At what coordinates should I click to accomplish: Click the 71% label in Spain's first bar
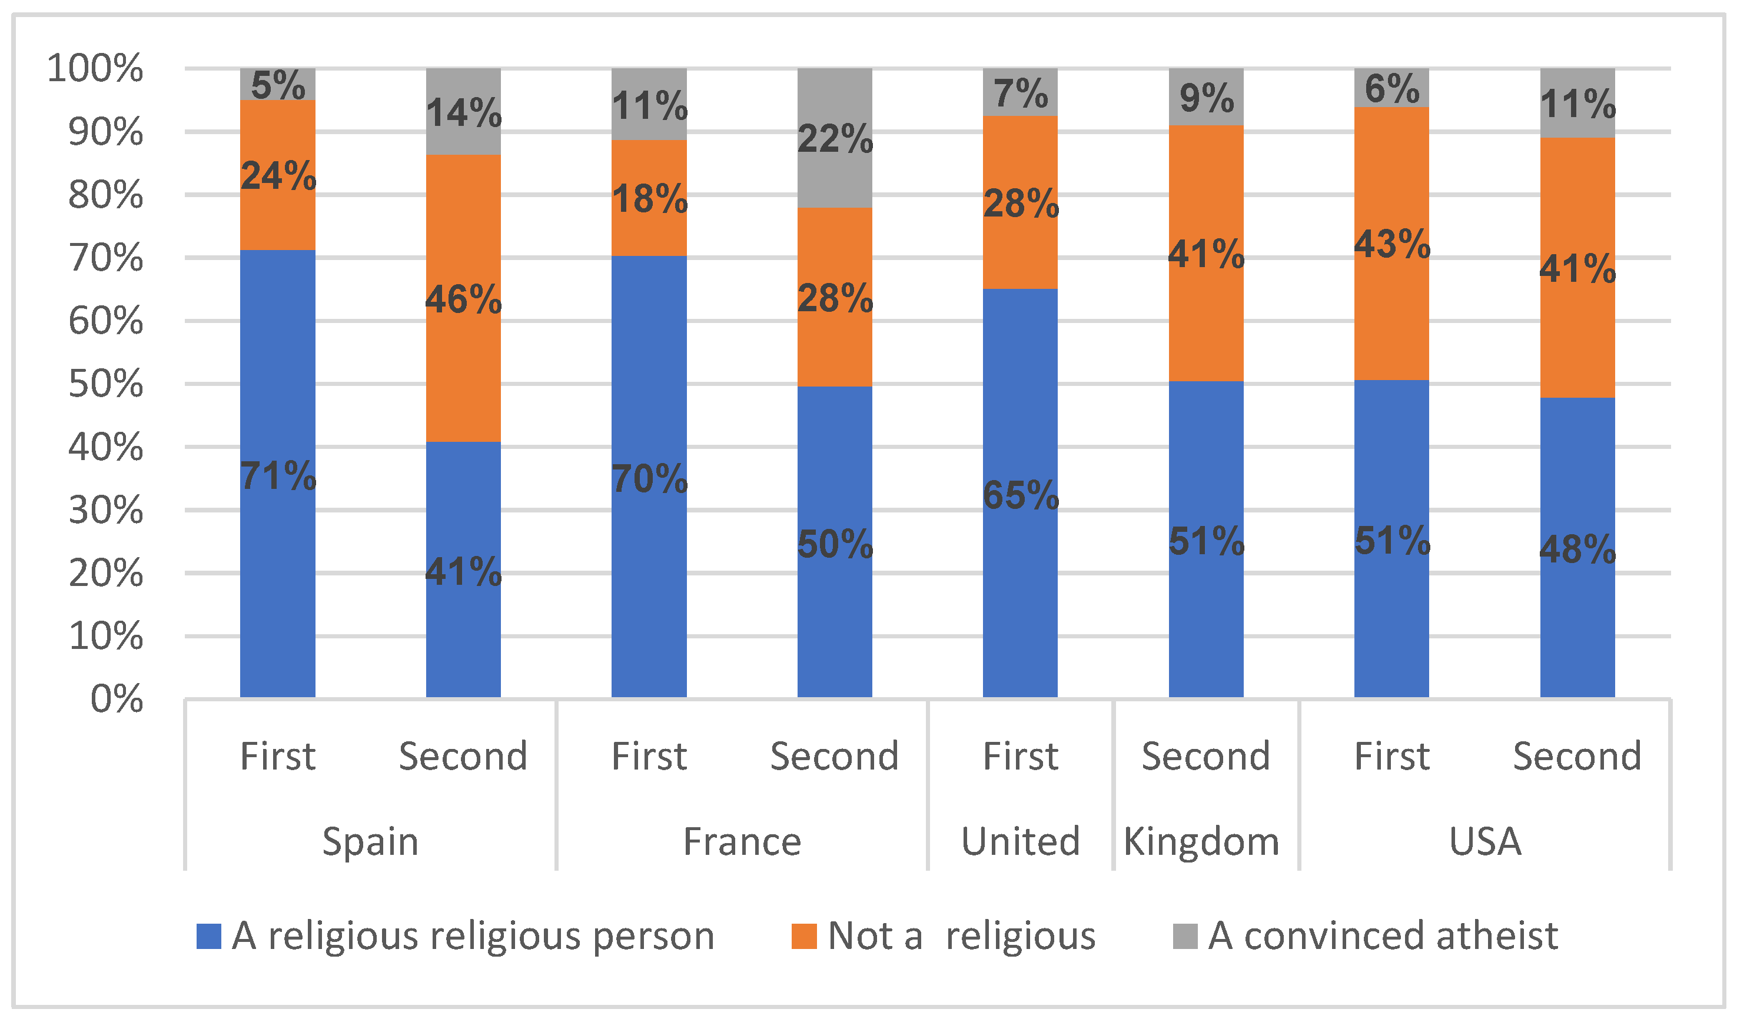[278, 476]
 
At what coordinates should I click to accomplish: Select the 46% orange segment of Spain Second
[463, 299]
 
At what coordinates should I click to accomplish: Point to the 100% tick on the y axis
[95, 68]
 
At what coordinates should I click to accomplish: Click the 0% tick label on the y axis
[117, 700]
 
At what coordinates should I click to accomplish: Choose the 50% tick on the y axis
[105, 384]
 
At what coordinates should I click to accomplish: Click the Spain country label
[370, 841]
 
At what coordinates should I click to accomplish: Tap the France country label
[742, 841]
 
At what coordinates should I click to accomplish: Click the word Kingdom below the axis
[1201, 841]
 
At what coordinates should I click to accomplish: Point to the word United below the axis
[1020, 841]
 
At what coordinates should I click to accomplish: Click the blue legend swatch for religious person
[208, 936]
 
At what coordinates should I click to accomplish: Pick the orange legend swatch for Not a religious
[803, 936]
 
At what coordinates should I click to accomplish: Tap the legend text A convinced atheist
[1383, 935]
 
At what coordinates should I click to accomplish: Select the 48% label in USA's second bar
[1577, 549]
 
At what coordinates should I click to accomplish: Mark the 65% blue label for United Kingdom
[1020, 495]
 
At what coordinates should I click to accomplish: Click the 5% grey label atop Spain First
[278, 85]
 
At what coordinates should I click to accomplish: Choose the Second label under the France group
[834, 757]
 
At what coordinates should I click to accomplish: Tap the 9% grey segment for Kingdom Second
[1206, 98]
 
